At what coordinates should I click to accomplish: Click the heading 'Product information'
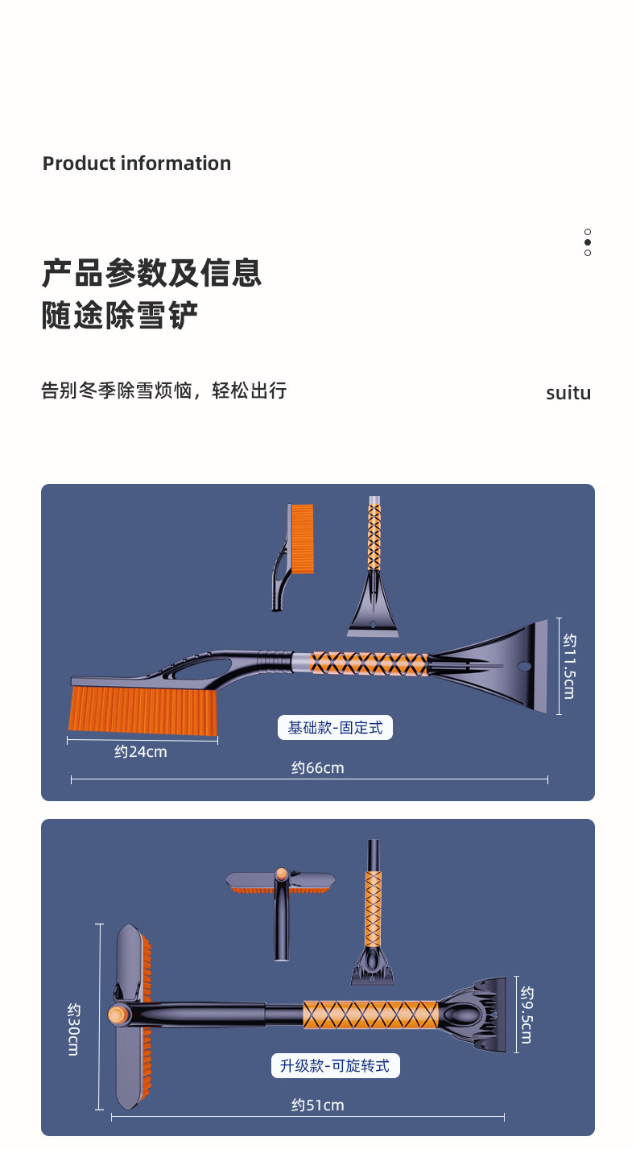tap(136, 163)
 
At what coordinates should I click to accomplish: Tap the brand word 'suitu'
tap(568, 393)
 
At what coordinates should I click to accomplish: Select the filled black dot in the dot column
tap(588, 242)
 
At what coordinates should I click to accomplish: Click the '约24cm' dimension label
tap(141, 752)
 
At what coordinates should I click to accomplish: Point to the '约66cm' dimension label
tap(317, 768)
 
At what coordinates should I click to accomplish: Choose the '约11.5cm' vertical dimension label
tap(570, 666)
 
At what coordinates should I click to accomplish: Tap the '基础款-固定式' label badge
tap(335, 727)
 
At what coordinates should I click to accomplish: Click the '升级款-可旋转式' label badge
tap(336, 1066)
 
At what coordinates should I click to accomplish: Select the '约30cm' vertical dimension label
tap(74, 1029)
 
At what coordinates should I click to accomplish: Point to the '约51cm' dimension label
tap(317, 1106)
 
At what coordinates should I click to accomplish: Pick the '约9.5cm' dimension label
tap(527, 1015)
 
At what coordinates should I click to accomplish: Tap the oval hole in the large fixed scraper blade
tap(524, 667)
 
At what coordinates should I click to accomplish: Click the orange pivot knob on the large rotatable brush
tap(118, 1015)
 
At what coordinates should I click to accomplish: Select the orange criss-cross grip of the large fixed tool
tap(368, 663)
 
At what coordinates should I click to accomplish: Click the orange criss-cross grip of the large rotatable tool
tap(370, 1015)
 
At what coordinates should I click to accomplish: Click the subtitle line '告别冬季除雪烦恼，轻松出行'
tap(164, 391)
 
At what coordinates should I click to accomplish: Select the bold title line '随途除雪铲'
tap(120, 315)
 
